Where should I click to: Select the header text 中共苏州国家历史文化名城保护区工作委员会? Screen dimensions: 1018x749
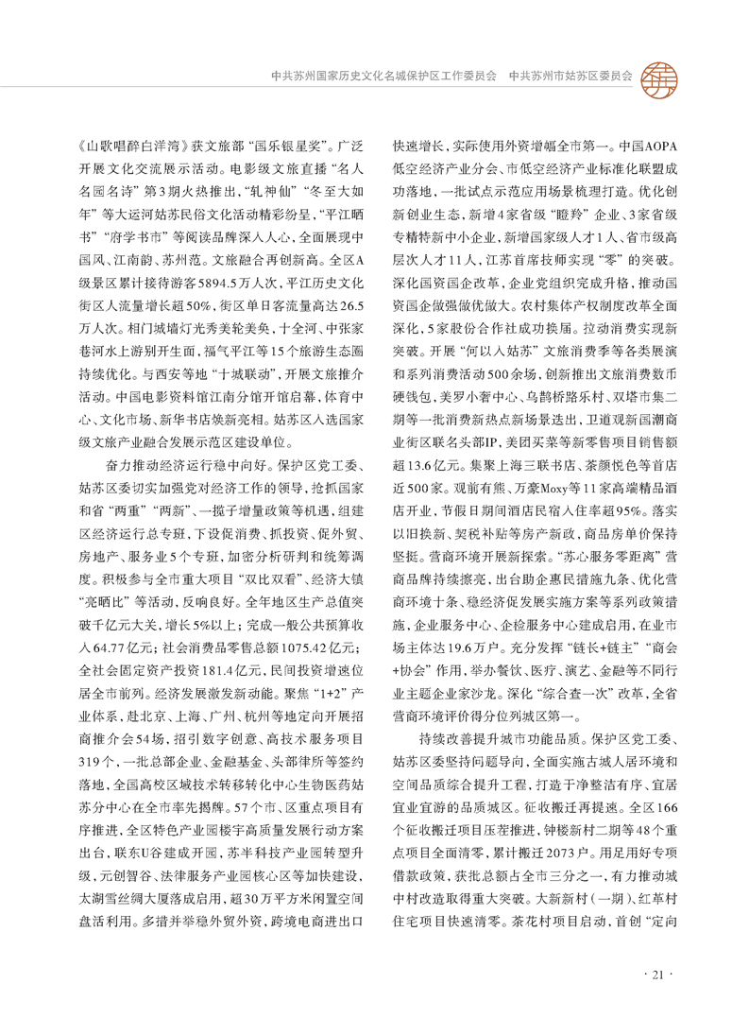pyautogui.click(x=383, y=74)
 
